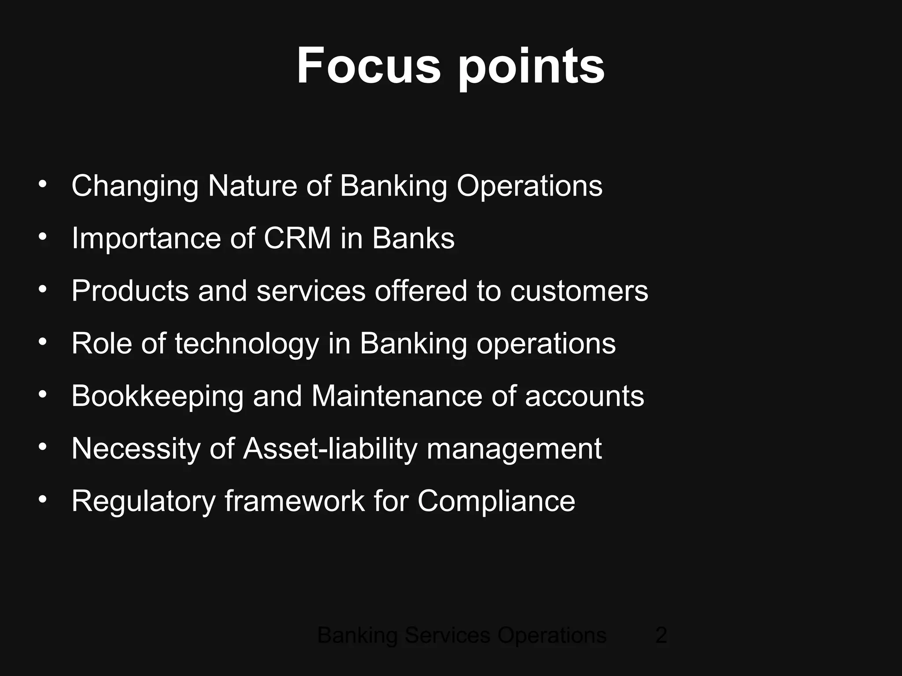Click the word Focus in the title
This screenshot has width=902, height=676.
(368, 66)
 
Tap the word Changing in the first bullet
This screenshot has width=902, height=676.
(135, 187)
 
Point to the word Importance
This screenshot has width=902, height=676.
(146, 239)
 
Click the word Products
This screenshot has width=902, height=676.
(130, 291)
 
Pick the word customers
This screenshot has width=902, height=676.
(579, 291)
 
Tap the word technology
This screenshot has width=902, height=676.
(247, 344)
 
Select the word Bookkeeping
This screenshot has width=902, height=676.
(157, 397)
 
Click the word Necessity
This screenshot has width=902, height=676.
(136, 449)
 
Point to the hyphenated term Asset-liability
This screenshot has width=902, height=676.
(330, 449)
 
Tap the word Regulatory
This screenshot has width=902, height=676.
(143, 502)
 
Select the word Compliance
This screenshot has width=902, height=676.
(496, 502)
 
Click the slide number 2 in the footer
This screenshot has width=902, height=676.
(661, 636)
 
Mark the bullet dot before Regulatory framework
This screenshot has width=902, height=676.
(42, 499)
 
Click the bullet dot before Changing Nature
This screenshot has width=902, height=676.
(42, 184)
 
